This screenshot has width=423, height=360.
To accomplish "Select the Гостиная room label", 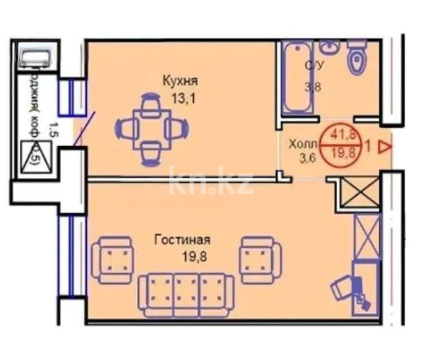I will point(181,240).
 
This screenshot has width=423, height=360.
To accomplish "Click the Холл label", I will point(302,144).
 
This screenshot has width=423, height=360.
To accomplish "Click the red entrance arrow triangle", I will point(385,147).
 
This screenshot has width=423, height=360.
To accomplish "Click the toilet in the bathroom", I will point(357,58).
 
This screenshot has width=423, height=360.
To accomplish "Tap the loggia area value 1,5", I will point(53,130).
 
